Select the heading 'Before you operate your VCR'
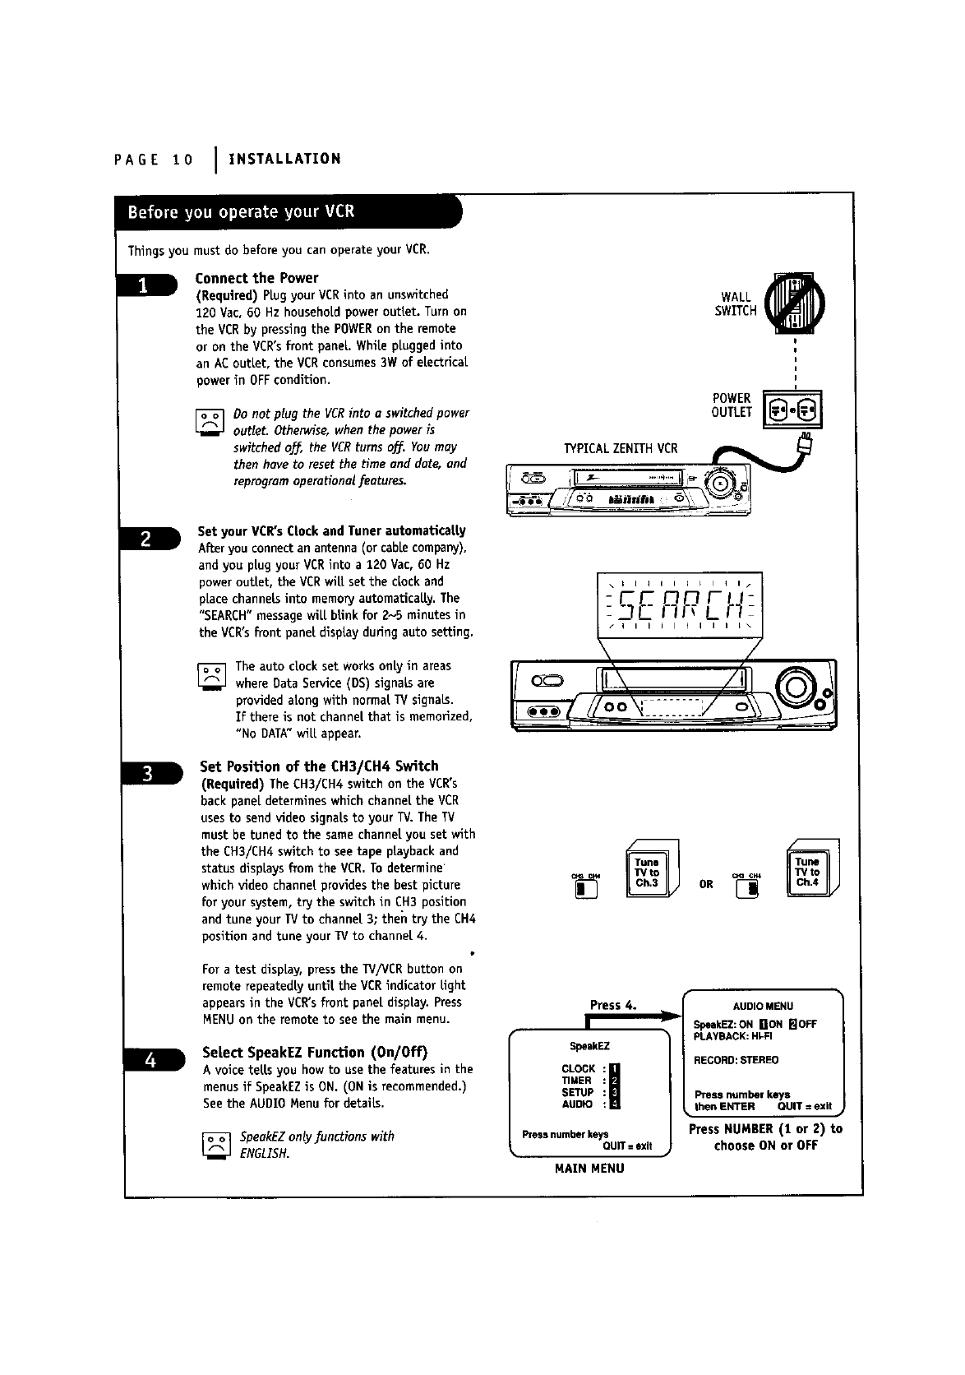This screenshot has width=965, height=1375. (241, 211)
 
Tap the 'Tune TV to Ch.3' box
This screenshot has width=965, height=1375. (647, 873)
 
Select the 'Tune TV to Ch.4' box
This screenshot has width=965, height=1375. (807, 873)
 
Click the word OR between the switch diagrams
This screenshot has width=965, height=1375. (705, 886)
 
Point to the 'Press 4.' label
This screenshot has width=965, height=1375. (614, 1004)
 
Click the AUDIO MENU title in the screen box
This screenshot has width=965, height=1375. (762, 1006)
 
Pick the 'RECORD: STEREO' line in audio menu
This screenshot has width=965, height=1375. (736, 1060)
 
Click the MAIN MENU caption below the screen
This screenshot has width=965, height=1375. (589, 1168)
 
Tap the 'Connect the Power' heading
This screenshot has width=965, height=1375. (256, 278)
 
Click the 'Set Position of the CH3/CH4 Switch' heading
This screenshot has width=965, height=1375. (320, 766)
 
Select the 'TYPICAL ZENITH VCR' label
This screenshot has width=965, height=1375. (621, 448)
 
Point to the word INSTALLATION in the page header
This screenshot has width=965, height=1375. (284, 159)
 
